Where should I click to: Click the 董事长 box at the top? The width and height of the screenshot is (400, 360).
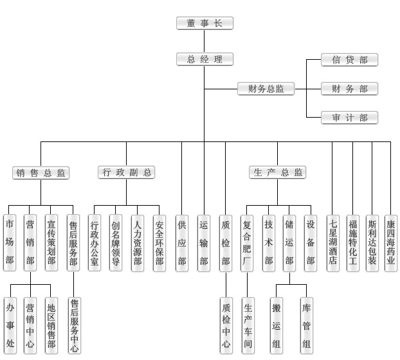(x=205, y=24)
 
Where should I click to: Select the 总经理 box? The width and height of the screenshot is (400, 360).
(x=205, y=59)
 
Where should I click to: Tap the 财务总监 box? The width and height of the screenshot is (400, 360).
(x=266, y=89)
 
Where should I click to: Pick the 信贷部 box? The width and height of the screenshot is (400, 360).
(x=349, y=60)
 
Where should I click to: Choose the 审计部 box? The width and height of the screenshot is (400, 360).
(x=349, y=117)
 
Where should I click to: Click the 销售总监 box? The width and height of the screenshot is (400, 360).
(x=41, y=172)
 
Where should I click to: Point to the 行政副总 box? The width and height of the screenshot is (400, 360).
(x=127, y=172)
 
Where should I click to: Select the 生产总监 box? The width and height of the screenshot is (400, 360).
(x=277, y=172)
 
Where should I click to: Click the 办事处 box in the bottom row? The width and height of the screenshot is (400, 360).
(x=10, y=325)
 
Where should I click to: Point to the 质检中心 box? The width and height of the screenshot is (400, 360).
(x=225, y=325)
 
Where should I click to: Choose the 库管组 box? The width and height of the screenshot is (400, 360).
(x=307, y=325)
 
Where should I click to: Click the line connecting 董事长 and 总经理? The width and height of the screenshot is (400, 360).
(x=205, y=41)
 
